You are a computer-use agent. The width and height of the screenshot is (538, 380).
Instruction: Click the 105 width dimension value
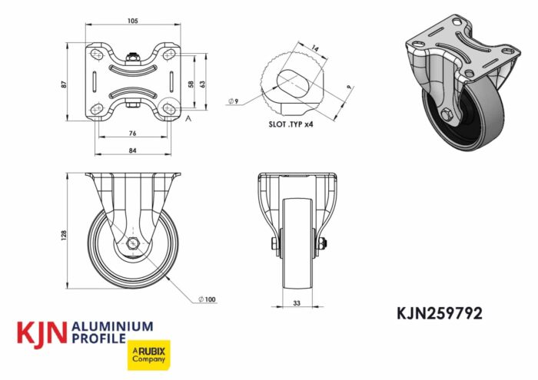[x=132, y=21]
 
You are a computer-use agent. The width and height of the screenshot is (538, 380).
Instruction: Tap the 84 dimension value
[x=132, y=150]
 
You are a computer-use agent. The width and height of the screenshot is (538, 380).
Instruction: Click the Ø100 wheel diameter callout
[x=206, y=298]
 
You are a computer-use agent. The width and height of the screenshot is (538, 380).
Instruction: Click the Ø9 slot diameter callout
[x=234, y=101]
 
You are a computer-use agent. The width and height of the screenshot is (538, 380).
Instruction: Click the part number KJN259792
[x=440, y=313]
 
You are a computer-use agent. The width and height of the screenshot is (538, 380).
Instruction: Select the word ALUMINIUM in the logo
[x=111, y=327]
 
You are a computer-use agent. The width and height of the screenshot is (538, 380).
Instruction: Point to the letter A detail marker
[x=188, y=117]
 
